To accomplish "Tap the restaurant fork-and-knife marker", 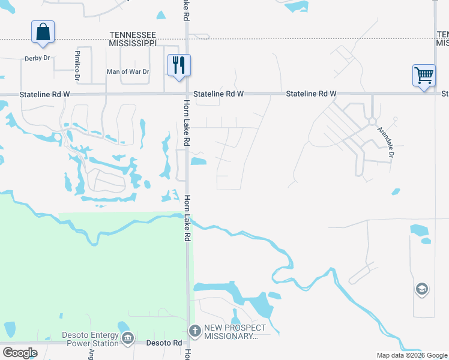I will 178,64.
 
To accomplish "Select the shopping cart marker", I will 424,76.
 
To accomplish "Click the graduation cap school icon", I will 421,290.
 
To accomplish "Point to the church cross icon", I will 194,331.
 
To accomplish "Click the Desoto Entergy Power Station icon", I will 127,339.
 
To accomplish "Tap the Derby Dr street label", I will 37,58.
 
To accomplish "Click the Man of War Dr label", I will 127,71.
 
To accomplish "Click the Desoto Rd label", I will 164,343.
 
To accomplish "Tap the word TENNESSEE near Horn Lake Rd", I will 133,36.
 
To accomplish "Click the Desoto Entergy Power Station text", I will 90,339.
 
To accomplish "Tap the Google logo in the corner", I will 20,352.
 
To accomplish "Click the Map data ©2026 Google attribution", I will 411,355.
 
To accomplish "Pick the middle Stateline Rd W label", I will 219,94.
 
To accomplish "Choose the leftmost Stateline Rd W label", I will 44,94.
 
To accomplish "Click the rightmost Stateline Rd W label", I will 311,94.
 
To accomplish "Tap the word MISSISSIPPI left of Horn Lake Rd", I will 133,44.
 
